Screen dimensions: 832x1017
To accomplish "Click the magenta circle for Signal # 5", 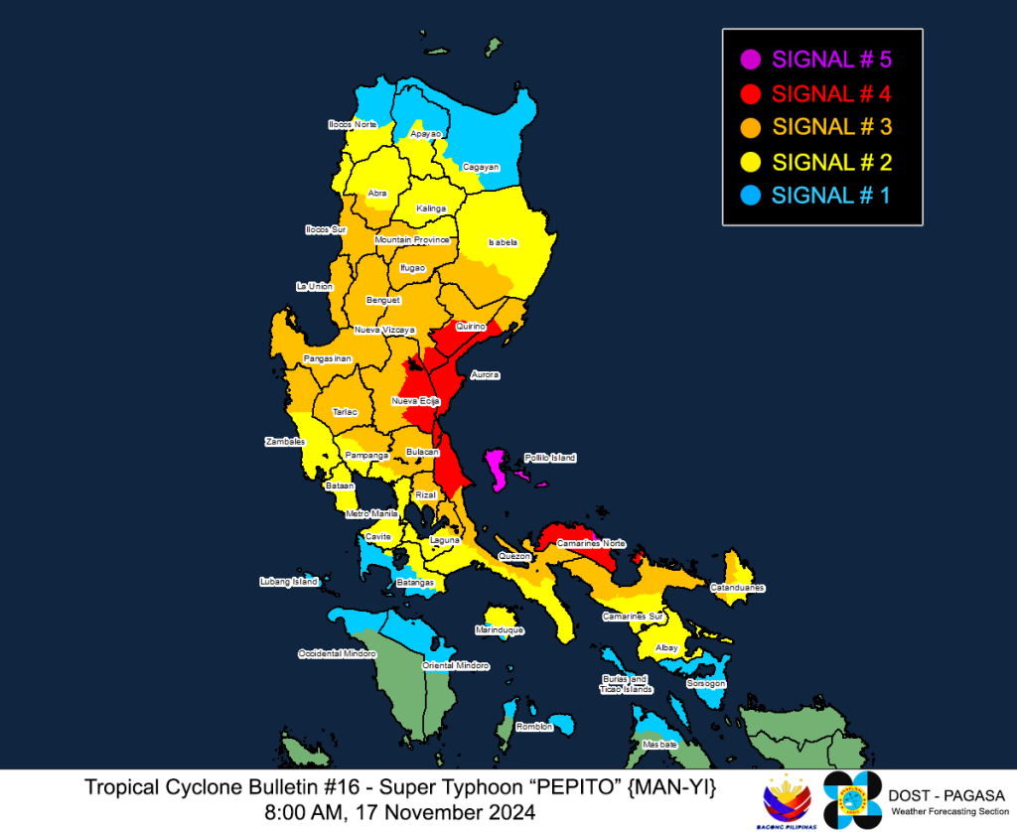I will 752,60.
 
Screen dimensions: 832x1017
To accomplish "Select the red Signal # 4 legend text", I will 831,94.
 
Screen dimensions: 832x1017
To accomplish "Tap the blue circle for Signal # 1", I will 752,196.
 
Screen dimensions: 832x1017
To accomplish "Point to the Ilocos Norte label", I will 353,125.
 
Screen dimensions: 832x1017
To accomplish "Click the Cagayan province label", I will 481,167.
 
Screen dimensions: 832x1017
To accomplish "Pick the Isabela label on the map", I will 503,242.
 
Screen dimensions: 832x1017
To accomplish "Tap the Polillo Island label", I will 550,458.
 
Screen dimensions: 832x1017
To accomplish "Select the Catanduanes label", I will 737,588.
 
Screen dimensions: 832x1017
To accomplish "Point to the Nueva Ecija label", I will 416,401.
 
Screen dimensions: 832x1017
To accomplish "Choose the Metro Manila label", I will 371,513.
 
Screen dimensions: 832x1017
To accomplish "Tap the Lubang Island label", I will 288,581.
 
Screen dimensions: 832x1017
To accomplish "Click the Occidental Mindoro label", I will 338,654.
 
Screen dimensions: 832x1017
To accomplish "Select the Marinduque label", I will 500,630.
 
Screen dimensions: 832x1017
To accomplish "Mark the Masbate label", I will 659,745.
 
